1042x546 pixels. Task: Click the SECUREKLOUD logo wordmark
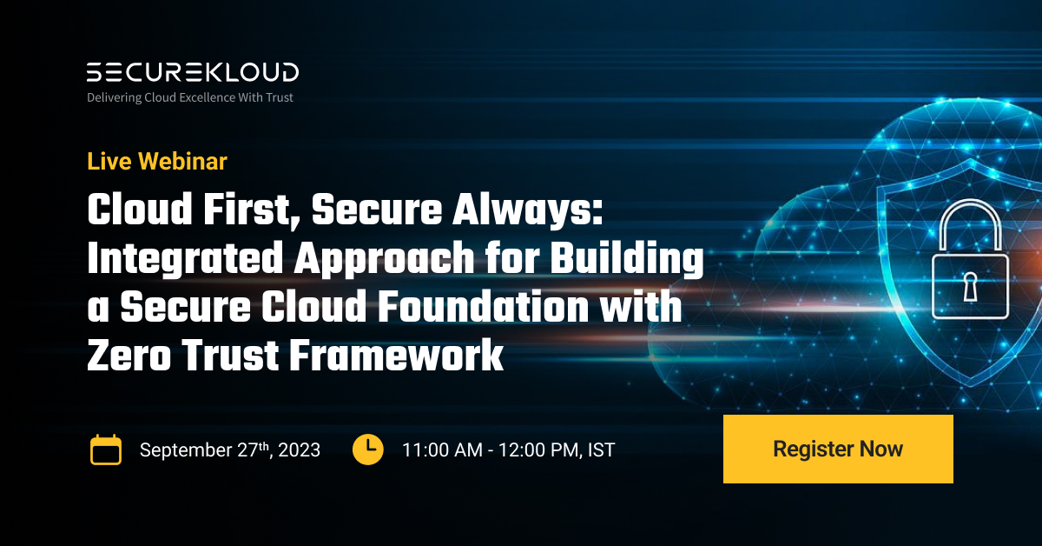click(x=192, y=72)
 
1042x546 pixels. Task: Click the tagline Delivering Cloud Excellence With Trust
click(x=190, y=97)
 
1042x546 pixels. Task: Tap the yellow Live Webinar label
click(x=157, y=161)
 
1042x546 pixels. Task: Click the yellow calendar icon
click(x=106, y=449)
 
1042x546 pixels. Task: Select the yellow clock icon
click(x=368, y=449)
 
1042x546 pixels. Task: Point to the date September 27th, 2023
click(x=230, y=450)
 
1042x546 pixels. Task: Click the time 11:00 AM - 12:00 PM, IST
click(x=508, y=450)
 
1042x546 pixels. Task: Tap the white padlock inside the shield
click(x=970, y=270)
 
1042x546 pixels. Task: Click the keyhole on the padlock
click(x=970, y=285)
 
